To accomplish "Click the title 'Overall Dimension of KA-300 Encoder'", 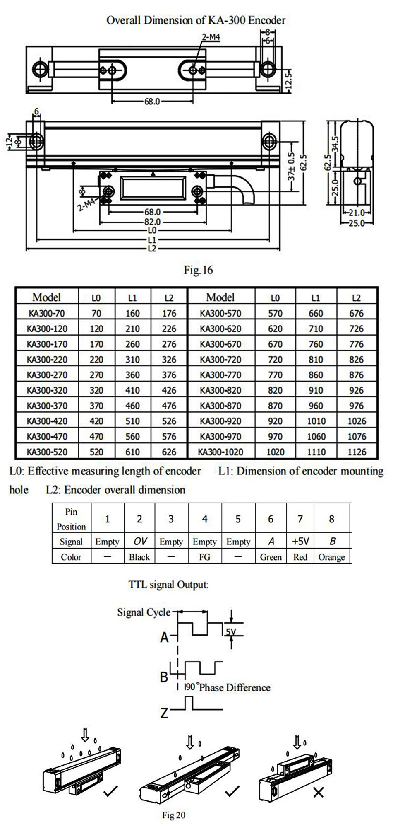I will [196, 20].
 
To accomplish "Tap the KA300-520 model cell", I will [47, 452].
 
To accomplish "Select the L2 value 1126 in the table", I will [357, 452].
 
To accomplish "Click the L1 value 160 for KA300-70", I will [132, 313].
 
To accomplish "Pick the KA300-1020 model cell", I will [220, 452].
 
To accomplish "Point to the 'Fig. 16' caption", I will [198, 270].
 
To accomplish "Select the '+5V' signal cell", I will [300, 542].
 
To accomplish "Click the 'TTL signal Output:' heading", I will [168, 585].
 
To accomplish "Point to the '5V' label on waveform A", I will [231, 632].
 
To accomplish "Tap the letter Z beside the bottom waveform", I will [164, 713].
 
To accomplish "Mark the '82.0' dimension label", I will [152, 222].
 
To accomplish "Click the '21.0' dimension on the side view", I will [355, 213].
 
